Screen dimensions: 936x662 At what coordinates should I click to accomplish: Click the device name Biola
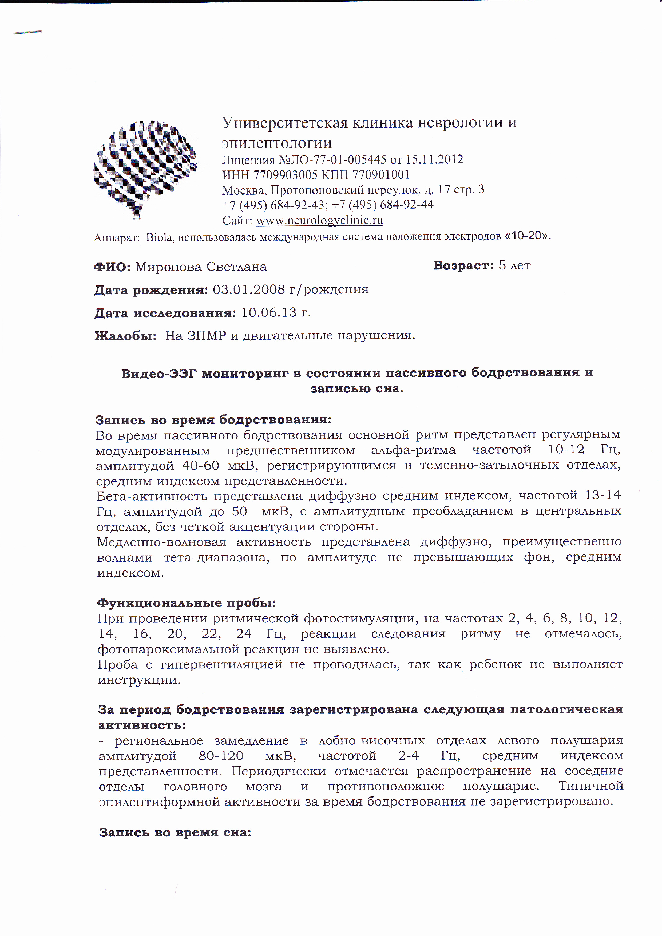[x=159, y=237]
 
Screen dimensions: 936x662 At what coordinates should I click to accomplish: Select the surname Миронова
[x=169, y=267]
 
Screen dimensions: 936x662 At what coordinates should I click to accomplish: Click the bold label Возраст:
[x=463, y=265]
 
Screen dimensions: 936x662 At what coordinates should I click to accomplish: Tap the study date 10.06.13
[x=269, y=313]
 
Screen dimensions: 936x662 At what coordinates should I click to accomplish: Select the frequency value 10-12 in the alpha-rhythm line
[x=566, y=450]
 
